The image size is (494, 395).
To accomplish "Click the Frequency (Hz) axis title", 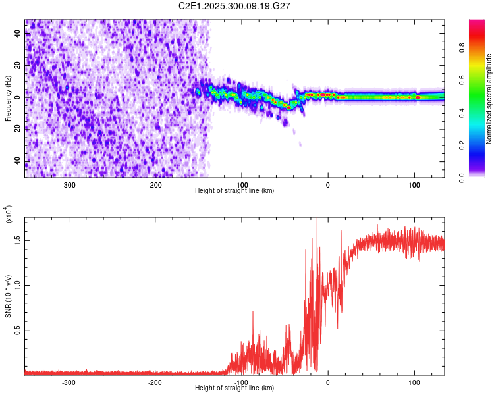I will pos(8,99).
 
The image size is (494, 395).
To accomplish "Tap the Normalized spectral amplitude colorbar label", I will pos(489,99).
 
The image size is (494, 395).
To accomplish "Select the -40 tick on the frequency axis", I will pos(18,161).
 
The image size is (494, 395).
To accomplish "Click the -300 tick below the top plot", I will pos(69,185).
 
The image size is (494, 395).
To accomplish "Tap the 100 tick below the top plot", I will pos(415,185).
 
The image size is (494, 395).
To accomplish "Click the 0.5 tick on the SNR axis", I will pos(18,330).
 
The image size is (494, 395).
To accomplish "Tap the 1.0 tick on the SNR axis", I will pos(18,284).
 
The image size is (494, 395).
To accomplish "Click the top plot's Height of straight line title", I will pos(234,191).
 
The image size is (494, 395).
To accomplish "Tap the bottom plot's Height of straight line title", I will pos(234,388).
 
